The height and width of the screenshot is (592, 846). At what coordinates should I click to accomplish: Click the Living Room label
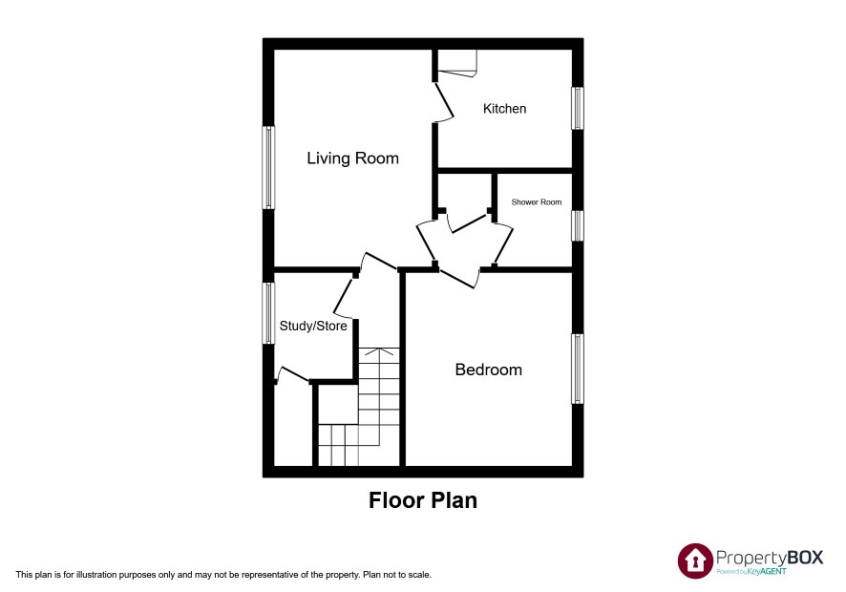tap(353, 159)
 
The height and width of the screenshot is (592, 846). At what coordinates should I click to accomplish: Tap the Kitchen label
tap(504, 109)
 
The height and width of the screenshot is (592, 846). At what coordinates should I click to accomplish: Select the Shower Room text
tap(537, 201)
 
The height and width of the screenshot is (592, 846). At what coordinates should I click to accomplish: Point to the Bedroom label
tap(488, 370)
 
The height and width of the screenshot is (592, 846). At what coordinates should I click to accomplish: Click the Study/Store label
tap(313, 326)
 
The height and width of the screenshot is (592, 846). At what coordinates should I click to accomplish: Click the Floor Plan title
tap(423, 500)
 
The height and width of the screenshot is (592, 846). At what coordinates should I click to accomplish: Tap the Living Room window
tap(268, 167)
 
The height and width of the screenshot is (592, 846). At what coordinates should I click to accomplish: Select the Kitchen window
tap(578, 108)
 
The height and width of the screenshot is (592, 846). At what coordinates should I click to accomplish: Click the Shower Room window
tap(578, 225)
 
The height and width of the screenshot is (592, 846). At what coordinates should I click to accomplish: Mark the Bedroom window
tap(578, 369)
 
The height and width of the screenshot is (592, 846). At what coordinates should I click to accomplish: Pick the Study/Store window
tap(268, 313)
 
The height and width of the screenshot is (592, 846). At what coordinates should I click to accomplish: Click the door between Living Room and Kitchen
tap(443, 101)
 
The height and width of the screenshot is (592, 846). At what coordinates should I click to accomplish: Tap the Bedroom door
tap(457, 278)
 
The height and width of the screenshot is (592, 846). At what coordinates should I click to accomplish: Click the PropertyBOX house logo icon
tap(695, 560)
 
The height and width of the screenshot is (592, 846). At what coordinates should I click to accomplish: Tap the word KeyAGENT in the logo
tap(767, 572)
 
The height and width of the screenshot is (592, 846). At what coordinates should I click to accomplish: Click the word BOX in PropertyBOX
tap(805, 558)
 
